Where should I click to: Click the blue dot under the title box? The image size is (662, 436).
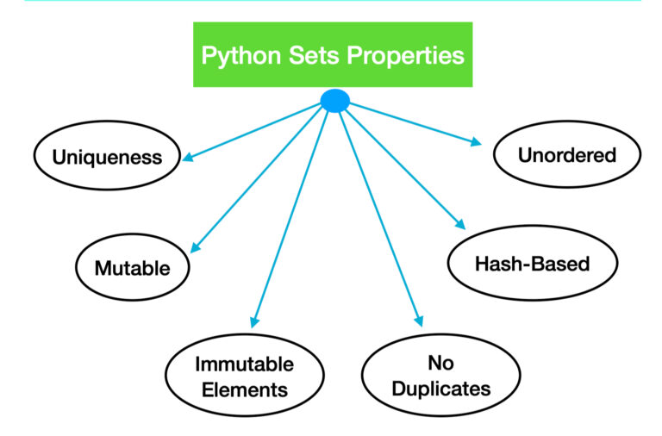tap(334, 101)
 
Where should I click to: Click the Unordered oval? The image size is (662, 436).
tap(566, 155)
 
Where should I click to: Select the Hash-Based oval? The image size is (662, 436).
tap(532, 263)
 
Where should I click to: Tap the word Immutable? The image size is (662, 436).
tap(244, 363)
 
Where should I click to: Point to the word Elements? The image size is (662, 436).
tap(244, 389)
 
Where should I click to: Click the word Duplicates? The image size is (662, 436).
tap(440, 389)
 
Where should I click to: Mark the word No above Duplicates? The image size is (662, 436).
tap(440, 362)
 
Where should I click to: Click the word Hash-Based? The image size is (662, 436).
tap(532, 263)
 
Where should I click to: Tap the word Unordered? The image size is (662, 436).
tap(566, 155)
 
